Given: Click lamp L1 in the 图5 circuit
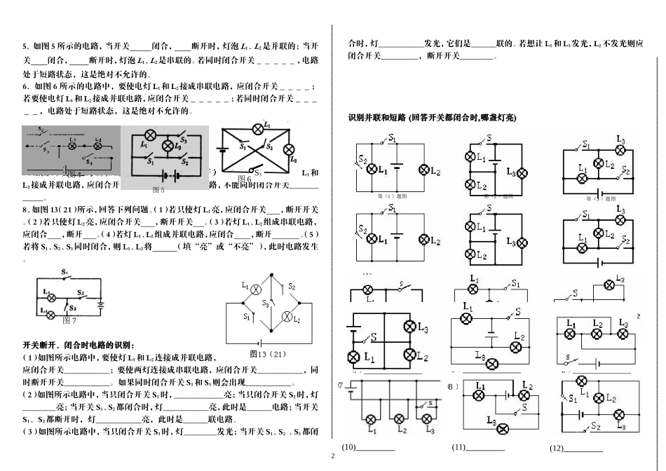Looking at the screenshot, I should (149, 135).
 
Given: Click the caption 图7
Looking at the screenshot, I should (69, 320).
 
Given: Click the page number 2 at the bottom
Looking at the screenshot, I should (332, 456).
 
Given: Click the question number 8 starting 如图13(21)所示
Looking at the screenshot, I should (25, 209).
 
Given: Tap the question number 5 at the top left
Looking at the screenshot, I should (25, 46).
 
